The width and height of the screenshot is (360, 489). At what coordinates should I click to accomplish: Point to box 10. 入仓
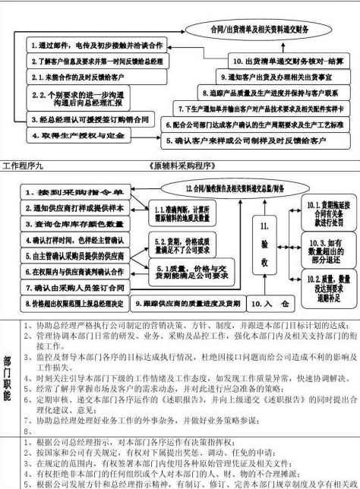(x=269, y=304)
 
